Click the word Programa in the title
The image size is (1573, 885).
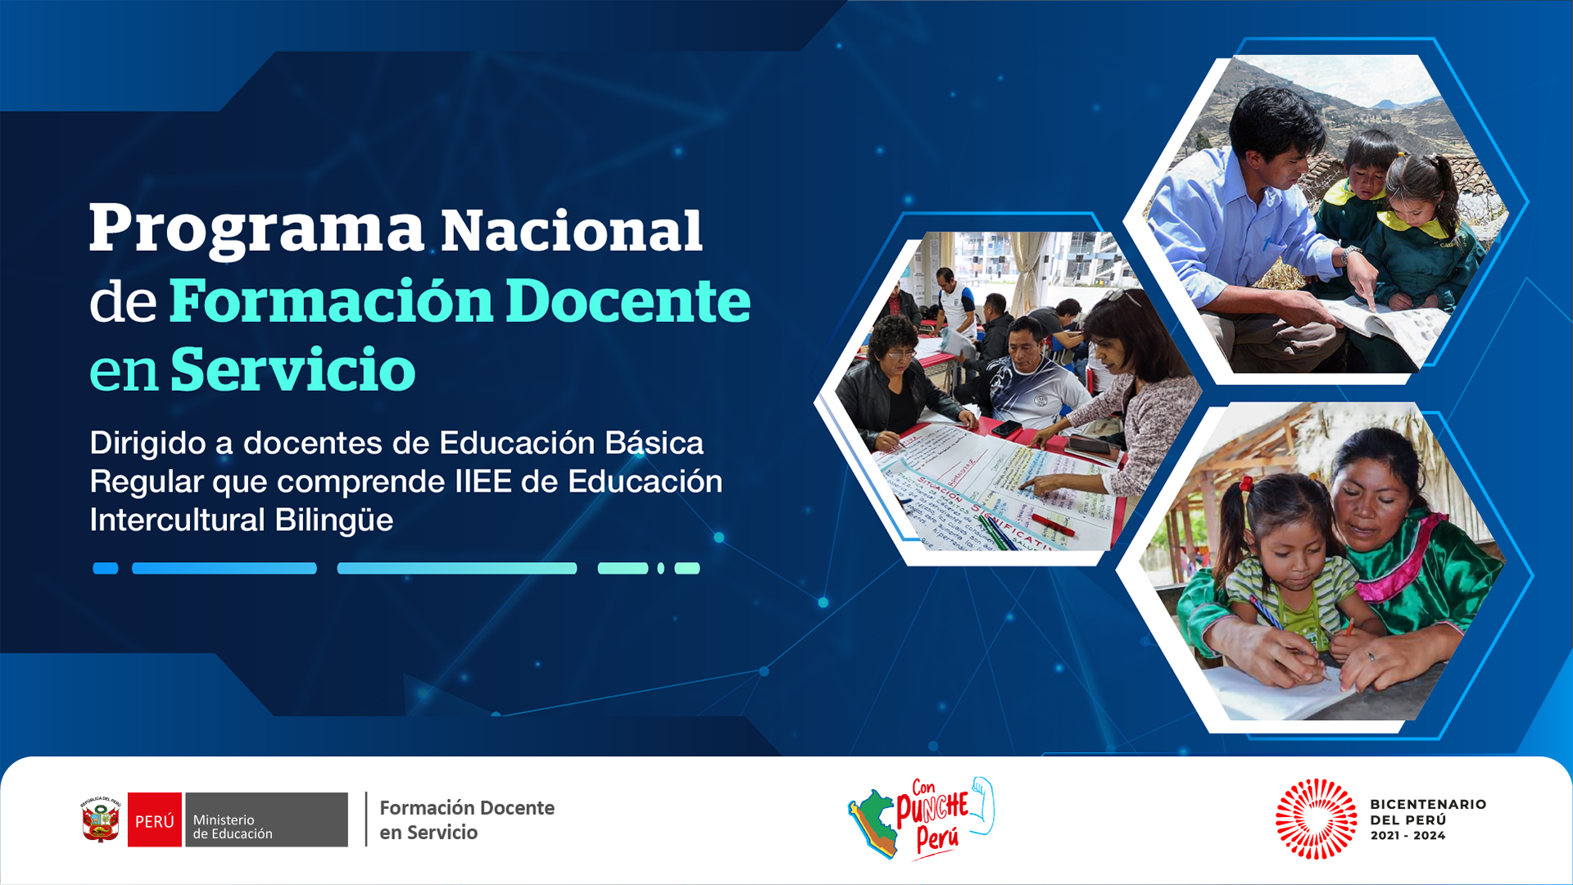pos(256,230)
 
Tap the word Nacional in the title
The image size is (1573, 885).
pos(572,230)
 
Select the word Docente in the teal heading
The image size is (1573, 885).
pos(628,301)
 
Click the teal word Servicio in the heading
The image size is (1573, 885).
pos(292,370)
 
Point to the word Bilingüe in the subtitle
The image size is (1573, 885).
pos(334,520)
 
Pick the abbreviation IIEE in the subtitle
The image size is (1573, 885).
pos(483,482)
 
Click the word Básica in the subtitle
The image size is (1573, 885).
pos(654,442)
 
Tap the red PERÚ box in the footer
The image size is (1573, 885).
pos(155,819)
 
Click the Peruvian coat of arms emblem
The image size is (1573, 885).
pos(101,819)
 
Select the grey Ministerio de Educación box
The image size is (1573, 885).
pos(266,819)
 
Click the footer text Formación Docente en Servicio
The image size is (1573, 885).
pos(467,820)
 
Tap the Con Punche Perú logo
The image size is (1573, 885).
pos(921,818)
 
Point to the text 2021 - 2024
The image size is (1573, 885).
pos(1408,836)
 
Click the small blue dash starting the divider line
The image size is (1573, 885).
pos(106,569)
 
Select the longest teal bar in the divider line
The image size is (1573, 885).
pos(457,569)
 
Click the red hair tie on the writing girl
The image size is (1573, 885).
pos(1246,484)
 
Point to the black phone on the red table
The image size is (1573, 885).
pos(1005,429)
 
